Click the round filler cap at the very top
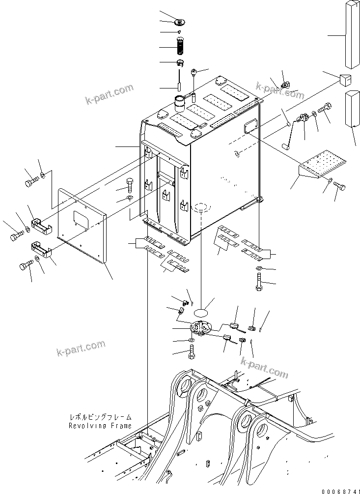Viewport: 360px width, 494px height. pyautogui.click(x=180, y=21)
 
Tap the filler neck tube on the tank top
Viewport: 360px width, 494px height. pyautogui.click(x=178, y=106)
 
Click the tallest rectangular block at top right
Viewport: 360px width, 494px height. pyautogui.click(x=352, y=34)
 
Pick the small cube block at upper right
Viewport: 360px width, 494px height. pyautogui.click(x=346, y=79)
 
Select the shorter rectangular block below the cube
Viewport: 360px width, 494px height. pyautogui.click(x=352, y=108)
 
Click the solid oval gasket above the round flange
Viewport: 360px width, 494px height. pyautogui.click(x=204, y=311)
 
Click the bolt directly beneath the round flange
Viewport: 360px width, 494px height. pyautogui.click(x=191, y=352)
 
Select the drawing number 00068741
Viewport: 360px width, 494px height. pyautogui.click(x=340, y=487)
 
